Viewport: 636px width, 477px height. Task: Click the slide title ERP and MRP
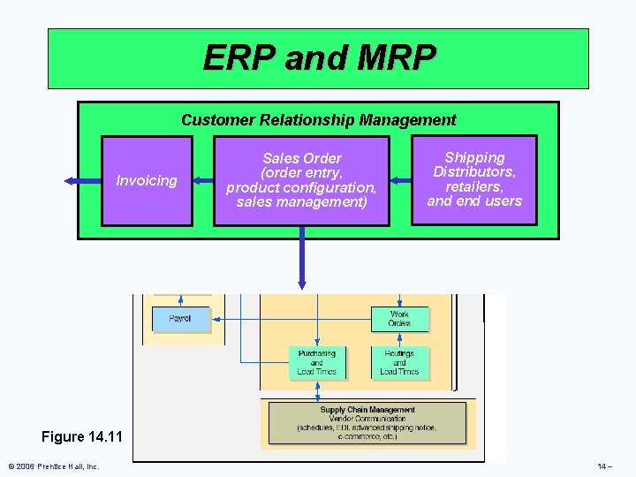pos(319,58)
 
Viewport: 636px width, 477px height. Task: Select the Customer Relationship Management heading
pos(318,120)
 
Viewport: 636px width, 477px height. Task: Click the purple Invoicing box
pos(147,180)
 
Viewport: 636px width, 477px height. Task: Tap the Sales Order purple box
pos(301,180)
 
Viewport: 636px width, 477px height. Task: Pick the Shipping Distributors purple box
pos(474,179)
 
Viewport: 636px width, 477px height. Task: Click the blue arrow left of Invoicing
pos(82,180)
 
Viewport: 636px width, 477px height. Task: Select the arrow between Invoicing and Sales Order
pos(202,180)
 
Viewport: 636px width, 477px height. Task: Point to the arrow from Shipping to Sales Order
pos(401,180)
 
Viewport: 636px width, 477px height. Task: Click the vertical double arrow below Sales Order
pos(302,257)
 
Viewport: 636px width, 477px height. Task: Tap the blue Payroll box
pos(180,319)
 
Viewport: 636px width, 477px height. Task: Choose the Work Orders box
pos(399,319)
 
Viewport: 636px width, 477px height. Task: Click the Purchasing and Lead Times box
pos(317,363)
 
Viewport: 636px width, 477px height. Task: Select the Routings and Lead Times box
pos(399,363)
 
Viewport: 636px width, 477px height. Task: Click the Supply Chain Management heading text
pos(367,410)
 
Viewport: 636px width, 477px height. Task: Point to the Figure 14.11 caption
pos(82,437)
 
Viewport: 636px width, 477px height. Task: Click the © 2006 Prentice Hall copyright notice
pos(54,466)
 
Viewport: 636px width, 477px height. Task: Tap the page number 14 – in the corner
pos(604,466)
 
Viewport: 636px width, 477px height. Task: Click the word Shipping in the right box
pos(474,157)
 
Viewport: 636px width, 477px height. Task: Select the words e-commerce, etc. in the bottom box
pos(367,436)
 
